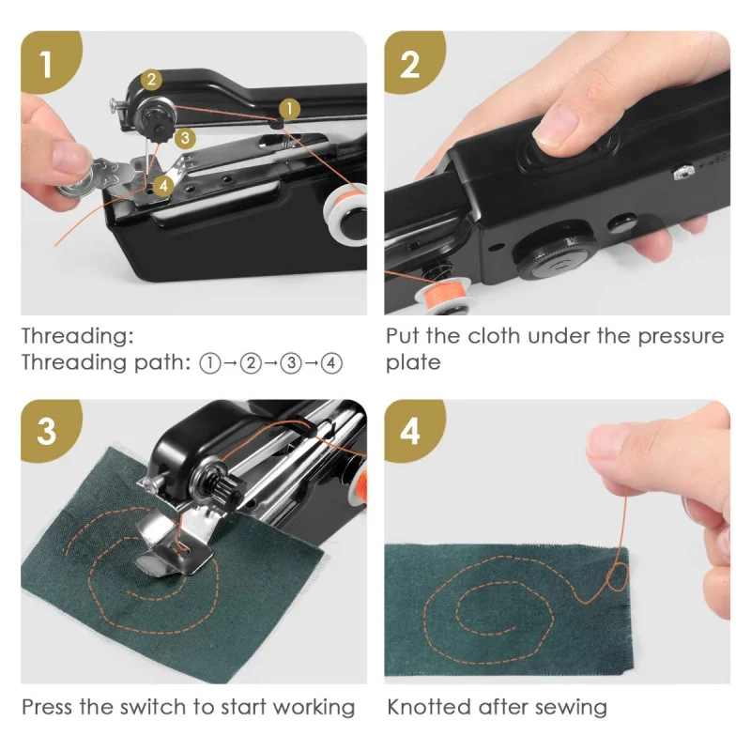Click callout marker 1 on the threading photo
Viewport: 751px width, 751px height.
[289, 109]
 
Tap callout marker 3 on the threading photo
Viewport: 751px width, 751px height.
[185, 137]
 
